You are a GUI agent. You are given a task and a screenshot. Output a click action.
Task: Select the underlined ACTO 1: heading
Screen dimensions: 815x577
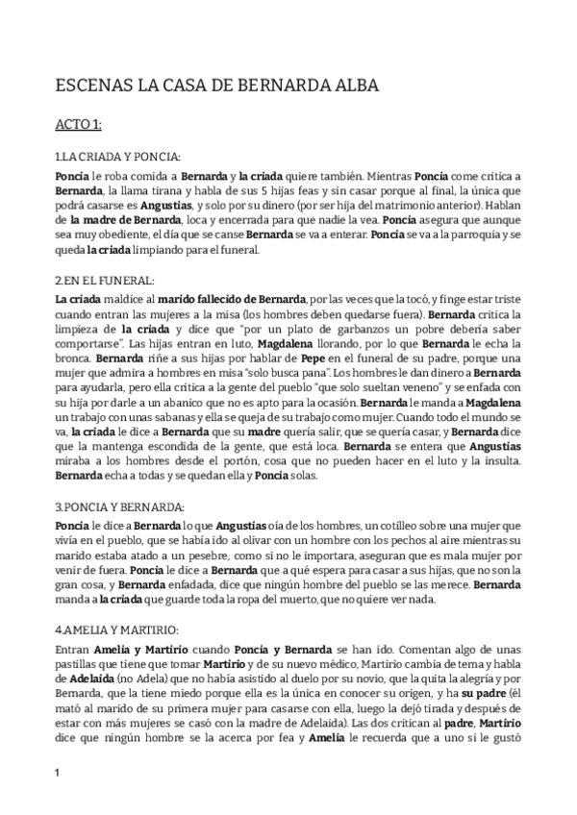click(x=87, y=123)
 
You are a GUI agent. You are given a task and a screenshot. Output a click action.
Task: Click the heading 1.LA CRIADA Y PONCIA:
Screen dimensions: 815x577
click(x=117, y=156)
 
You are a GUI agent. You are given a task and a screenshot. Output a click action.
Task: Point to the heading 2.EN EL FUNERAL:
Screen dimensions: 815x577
click(x=104, y=280)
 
